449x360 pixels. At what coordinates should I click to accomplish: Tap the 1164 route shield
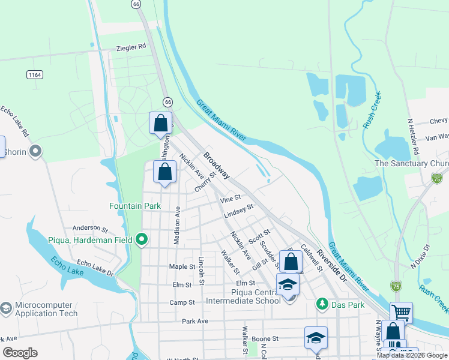point(35,74)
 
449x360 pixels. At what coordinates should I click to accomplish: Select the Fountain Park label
point(135,206)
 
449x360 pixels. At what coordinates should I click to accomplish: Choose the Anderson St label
point(89,229)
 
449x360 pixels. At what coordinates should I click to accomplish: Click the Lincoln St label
point(202,271)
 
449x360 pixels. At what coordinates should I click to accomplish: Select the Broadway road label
point(216,165)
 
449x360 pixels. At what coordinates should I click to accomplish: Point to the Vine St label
point(231,197)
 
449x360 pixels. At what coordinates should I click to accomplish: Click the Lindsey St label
point(239,211)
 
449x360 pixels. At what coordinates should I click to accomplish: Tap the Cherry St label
point(205,183)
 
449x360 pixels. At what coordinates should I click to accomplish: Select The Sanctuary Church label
point(411,164)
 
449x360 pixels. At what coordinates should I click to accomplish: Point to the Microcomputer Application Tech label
point(46,309)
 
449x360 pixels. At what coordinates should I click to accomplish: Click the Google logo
point(20,353)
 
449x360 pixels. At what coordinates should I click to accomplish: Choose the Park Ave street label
point(194,322)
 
